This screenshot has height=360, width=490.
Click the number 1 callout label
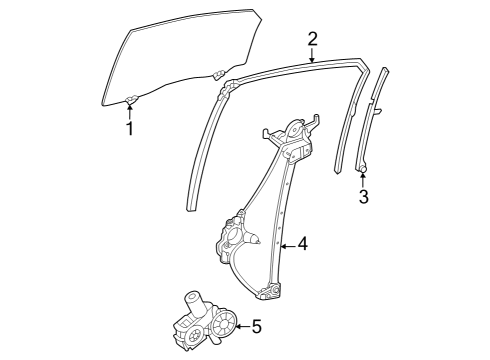129,128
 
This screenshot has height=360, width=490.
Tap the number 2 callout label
312,39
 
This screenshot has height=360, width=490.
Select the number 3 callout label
363,197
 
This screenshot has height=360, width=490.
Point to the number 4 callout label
303,243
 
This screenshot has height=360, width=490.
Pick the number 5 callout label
256,325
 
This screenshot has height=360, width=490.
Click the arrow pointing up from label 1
129,109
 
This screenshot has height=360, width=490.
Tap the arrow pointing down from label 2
312,56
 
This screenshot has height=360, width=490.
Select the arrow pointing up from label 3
363,177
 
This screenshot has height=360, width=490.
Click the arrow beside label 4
288,243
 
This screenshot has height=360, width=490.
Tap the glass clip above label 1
130,98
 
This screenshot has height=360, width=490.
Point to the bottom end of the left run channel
192,205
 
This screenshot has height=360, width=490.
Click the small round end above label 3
363,166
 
